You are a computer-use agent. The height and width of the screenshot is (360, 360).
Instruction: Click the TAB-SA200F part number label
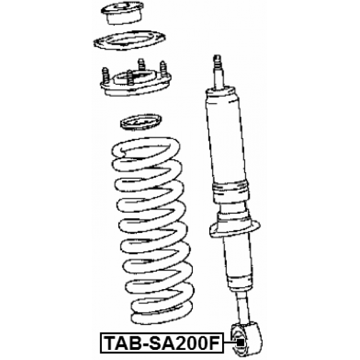[162, 343]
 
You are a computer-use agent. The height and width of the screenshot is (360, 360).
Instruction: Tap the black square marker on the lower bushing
[240, 343]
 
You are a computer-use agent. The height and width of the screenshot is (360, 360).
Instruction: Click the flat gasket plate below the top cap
[129, 40]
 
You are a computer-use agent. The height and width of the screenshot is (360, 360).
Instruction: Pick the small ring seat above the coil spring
[141, 121]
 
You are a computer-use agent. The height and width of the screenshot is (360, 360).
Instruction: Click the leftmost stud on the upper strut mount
[105, 75]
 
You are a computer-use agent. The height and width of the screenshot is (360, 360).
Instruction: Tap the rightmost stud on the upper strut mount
[163, 69]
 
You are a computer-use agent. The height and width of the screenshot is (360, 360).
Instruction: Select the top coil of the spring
[146, 148]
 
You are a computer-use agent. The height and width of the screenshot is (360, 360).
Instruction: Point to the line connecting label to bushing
[230, 343]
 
